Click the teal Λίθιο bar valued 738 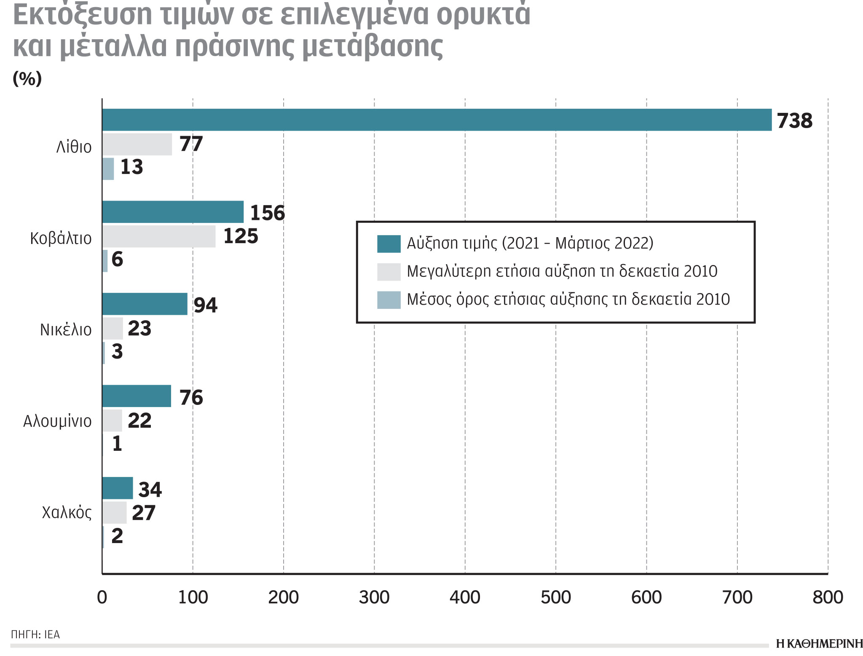coord(437,120)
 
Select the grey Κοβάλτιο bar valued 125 coord(159,236)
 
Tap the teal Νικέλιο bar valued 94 coord(145,304)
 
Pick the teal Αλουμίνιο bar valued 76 coord(137,396)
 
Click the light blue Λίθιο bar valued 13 coord(108,169)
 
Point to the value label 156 coord(267,213)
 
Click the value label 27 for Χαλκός coord(143,513)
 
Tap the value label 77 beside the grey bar coord(191,144)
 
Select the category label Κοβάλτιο coord(61,238)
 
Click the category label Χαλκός coord(67,513)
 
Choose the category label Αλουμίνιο coord(57,421)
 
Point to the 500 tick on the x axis coord(555,597)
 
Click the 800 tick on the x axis coord(828,597)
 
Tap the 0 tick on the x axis coord(102,597)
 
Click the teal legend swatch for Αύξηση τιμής coord(389,244)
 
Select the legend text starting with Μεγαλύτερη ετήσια coord(562,271)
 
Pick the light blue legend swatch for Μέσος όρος coord(389,300)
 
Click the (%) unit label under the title coord(27,78)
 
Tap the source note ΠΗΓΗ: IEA coord(35,634)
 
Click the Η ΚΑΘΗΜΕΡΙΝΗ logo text coord(819,644)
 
